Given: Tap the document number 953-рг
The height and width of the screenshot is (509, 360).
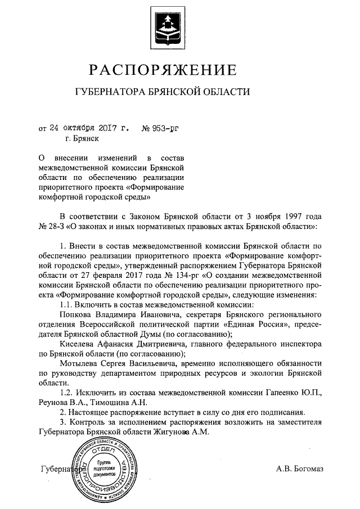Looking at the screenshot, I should [163, 127].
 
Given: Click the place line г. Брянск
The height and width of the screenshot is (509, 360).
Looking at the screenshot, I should [82, 138].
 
